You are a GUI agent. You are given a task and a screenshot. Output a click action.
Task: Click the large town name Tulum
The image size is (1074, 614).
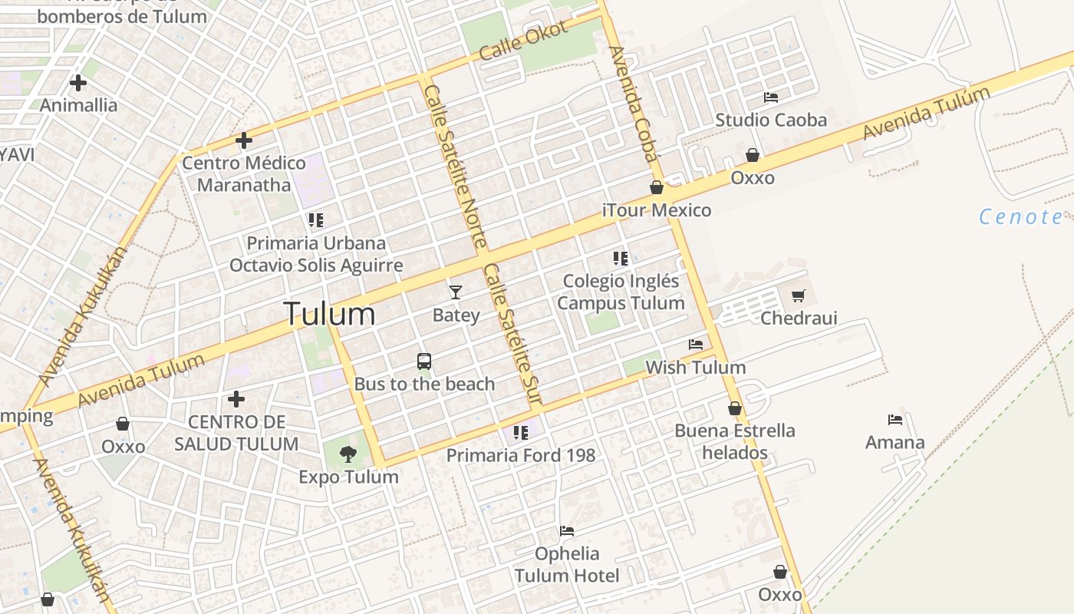click(x=329, y=314)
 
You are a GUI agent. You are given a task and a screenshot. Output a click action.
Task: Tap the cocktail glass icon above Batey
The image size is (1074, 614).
click(x=456, y=292)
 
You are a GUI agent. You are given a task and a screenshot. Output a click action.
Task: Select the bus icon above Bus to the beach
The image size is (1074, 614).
click(x=424, y=361)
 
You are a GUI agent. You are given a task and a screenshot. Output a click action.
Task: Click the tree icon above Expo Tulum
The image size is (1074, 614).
click(x=348, y=454)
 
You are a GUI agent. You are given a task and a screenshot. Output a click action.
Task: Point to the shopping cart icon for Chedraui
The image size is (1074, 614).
click(x=799, y=295)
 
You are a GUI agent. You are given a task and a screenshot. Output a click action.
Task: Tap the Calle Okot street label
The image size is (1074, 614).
click(x=524, y=41)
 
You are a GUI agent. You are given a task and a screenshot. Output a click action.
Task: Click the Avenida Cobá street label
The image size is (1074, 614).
click(x=634, y=104)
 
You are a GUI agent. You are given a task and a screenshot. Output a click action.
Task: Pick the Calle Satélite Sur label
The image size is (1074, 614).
click(x=512, y=334)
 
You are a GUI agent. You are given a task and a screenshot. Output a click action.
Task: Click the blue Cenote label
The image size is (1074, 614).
click(x=1021, y=217)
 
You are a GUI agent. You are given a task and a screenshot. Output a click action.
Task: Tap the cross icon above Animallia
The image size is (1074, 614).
click(x=78, y=82)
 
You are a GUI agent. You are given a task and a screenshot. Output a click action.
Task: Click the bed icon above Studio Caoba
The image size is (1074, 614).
click(x=771, y=97)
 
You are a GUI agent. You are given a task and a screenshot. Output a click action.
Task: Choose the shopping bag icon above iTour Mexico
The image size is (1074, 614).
click(x=657, y=187)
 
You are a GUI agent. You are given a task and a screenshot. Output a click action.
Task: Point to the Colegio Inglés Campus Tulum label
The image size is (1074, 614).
click(x=621, y=292)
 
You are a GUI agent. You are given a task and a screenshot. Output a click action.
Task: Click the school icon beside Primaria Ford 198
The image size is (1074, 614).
click(x=521, y=433)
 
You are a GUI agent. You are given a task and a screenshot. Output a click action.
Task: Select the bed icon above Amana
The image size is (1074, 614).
click(x=895, y=420)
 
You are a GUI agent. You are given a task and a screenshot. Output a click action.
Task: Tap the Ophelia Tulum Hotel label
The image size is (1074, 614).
click(x=567, y=564)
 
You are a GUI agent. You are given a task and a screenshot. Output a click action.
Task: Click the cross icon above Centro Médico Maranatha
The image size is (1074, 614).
click(x=244, y=140)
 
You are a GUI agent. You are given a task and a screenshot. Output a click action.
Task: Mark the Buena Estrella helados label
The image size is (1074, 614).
click(x=735, y=441)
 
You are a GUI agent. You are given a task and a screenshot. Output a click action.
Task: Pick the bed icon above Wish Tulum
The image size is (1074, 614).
click(x=696, y=345)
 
